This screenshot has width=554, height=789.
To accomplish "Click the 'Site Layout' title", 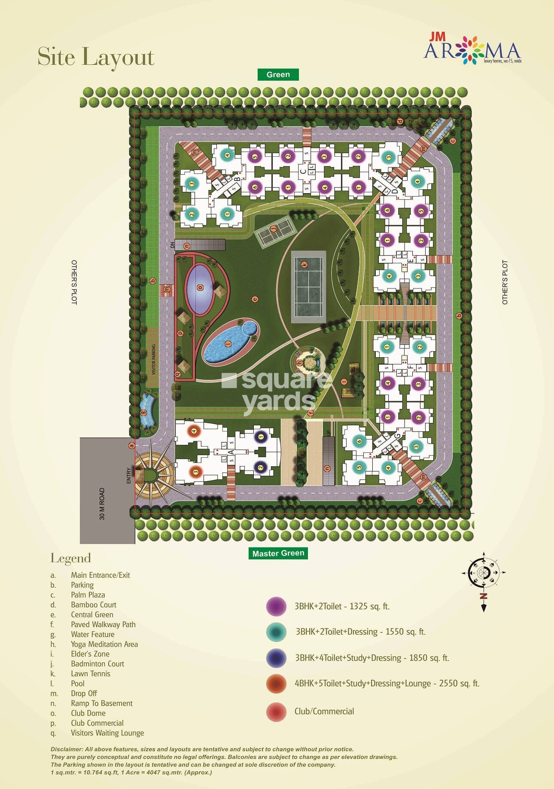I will tap(96, 57).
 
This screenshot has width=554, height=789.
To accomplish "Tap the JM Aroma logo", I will tap(472, 51).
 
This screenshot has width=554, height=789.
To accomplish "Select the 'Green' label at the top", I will tap(278, 75).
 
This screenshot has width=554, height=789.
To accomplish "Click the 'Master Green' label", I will tap(278, 553).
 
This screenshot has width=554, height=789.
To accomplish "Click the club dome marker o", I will tap(200, 288).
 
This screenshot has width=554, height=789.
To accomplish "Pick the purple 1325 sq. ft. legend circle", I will tap(276, 606).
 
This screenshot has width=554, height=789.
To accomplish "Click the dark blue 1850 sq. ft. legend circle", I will tap(276, 658).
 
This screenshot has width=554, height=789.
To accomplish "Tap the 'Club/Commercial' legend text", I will tap(324, 711).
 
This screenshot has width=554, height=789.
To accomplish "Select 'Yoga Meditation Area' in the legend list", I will tap(104, 644).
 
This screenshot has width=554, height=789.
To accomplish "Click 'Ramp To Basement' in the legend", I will tap(102, 703).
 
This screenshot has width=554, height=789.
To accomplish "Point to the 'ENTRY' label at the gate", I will tap(128, 476).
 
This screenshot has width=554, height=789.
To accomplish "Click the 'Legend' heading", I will tap(71, 558).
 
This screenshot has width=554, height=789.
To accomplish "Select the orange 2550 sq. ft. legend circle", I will tap(276, 683).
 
